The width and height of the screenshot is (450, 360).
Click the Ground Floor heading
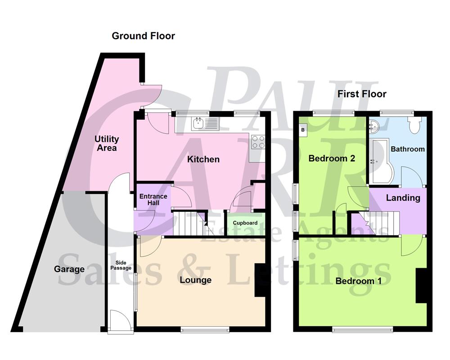pyautogui.click(x=143, y=36)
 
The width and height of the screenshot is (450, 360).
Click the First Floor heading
pyautogui.click(x=362, y=94)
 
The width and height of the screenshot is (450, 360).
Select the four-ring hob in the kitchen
pyautogui.click(x=258, y=142)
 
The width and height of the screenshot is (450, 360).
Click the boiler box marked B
pyautogui.click(x=302, y=130)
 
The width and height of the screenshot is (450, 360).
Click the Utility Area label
pyautogui.click(x=107, y=143)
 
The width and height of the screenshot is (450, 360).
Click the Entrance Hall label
pyautogui.click(x=153, y=200)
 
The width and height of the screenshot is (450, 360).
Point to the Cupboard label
pyautogui.click(x=245, y=223)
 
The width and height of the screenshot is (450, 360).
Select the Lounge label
pyautogui.click(x=195, y=280)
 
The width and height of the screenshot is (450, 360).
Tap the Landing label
pyautogui.click(x=403, y=198)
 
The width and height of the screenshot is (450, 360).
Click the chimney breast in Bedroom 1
pyautogui.click(x=421, y=286)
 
